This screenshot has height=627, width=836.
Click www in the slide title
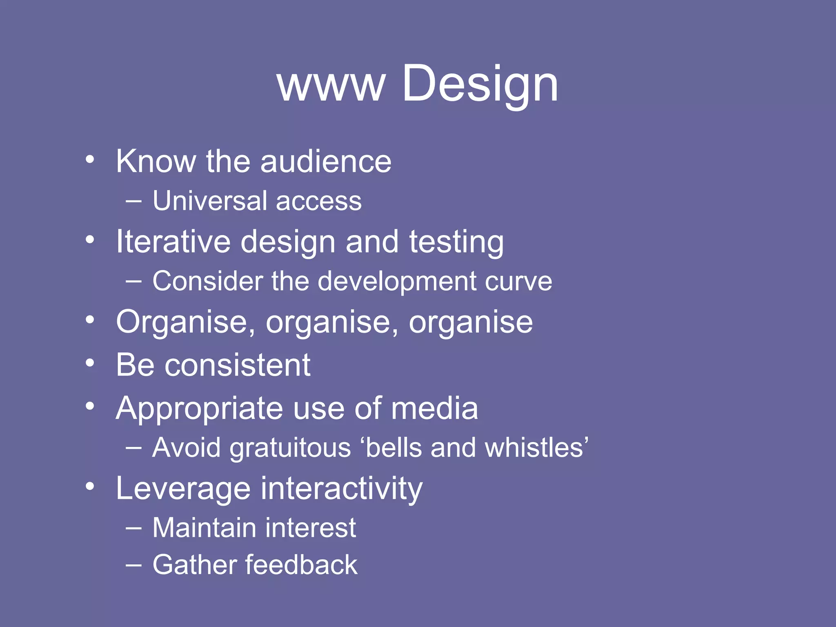[x=331, y=86]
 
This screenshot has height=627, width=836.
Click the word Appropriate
[x=199, y=409]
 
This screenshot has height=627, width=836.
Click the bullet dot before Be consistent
[x=90, y=362]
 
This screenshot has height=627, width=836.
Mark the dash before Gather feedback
[x=133, y=565]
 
